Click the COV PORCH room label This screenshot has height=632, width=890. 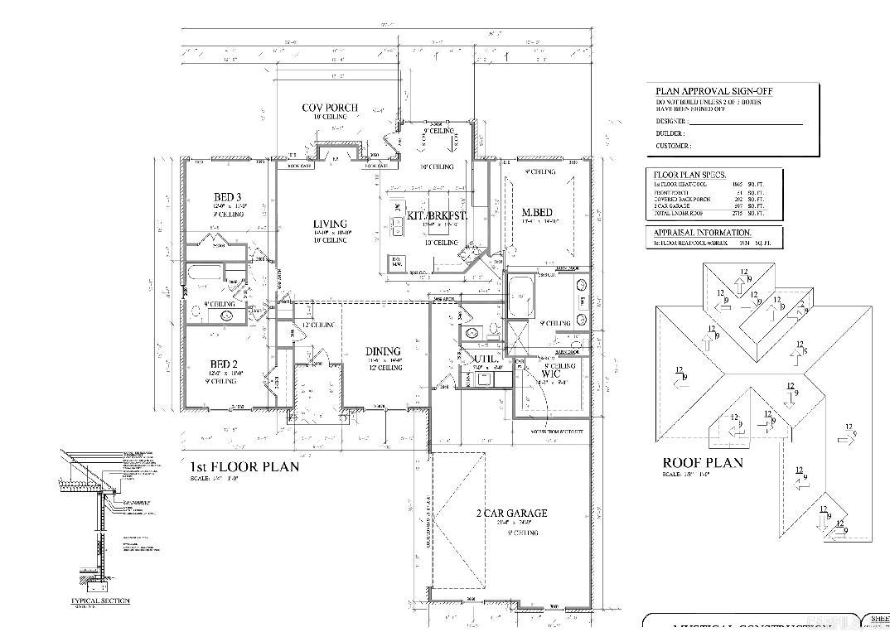(x=330, y=108)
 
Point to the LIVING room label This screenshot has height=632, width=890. (x=330, y=224)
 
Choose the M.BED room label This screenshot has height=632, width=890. (x=537, y=213)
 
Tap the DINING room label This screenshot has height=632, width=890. (x=385, y=351)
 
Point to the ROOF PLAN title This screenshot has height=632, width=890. (x=702, y=463)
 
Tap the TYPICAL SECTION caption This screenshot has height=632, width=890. (x=100, y=601)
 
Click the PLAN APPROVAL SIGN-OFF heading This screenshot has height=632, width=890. (x=716, y=92)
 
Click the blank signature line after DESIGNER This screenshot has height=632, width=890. (x=746, y=123)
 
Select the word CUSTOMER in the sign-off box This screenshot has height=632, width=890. (x=672, y=146)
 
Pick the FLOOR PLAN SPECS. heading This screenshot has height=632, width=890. (x=689, y=176)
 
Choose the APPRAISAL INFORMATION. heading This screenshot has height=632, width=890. (x=702, y=233)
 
